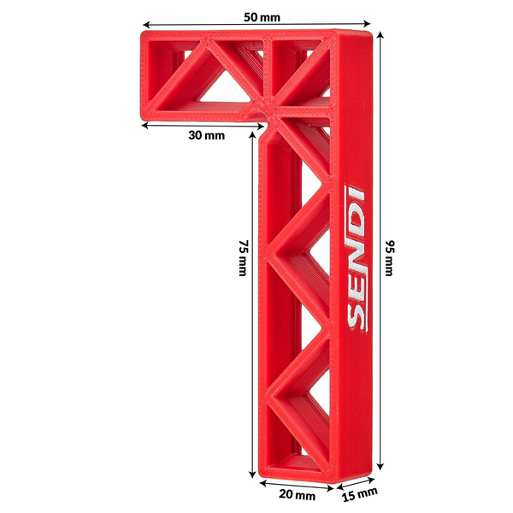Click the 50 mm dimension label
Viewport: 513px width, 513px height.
click(x=262, y=17)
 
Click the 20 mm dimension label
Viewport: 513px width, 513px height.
click(x=298, y=494)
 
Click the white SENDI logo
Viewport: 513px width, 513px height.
click(x=357, y=256)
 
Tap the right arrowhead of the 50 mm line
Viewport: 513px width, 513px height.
click(x=367, y=26)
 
